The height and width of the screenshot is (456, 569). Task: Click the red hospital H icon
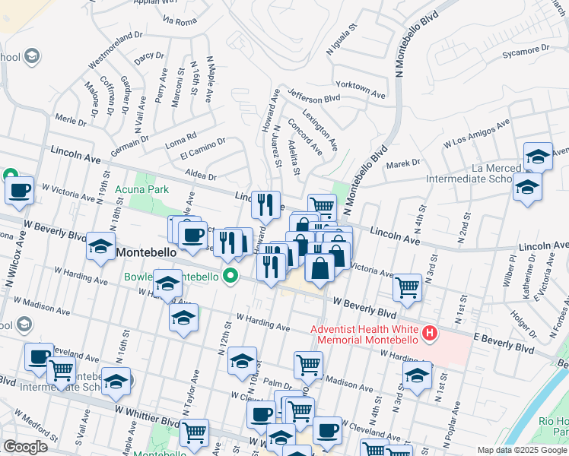(x=431, y=333)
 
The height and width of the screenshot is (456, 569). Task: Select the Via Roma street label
(x=180, y=23)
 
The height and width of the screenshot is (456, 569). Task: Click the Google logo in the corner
(x=25, y=447)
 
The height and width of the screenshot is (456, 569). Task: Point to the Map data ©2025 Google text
(x=522, y=450)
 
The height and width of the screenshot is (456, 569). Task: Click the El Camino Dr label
(x=202, y=147)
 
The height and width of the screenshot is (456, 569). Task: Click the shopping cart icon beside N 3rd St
(x=408, y=287)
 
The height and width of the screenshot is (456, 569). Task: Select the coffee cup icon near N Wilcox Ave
(x=20, y=190)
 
